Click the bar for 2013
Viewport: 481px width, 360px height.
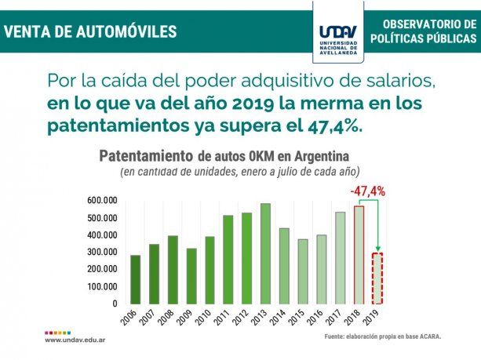(264, 253)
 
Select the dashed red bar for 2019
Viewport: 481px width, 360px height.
(377, 278)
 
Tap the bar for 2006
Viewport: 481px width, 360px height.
(136, 279)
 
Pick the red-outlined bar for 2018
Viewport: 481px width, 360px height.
(359, 255)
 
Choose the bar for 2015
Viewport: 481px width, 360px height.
(303, 271)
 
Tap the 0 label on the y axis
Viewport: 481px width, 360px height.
(115, 304)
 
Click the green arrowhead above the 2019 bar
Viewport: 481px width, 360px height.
(377, 247)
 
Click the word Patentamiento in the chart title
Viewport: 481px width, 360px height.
(146, 155)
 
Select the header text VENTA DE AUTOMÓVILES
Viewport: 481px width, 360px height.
(90, 32)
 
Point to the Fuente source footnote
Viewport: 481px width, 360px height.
(383, 336)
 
